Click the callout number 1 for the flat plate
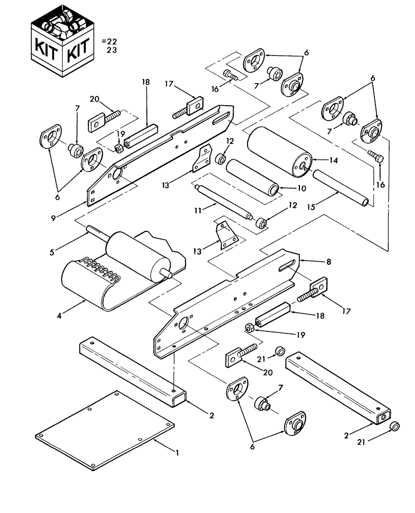pyautogui.click(x=177, y=453)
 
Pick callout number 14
pyautogui.click(x=333, y=161)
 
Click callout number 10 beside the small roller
pyautogui.click(x=301, y=188)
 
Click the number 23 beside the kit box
pyautogui.click(x=111, y=50)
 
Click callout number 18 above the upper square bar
pyautogui.click(x=145, y=82)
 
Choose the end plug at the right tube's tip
pyautogui.click(x=395, y=427)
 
